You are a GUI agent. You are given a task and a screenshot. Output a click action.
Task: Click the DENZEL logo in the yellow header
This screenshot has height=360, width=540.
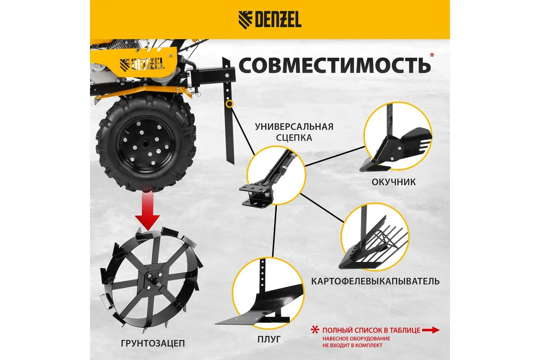(x=270, y=20)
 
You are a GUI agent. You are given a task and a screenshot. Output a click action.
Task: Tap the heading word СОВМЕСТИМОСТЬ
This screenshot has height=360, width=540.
(x=335, y=65)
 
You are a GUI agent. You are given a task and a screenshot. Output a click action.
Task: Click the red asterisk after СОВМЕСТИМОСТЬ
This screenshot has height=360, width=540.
(x=432, y=55)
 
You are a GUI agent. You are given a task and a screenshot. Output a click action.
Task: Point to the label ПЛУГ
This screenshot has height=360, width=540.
(x=269, y=339)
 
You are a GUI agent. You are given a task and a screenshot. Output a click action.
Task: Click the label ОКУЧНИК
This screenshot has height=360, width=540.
(x=393, y=182)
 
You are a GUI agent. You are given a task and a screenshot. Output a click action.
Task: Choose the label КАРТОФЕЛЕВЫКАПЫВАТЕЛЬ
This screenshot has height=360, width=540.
(x=375, y=281)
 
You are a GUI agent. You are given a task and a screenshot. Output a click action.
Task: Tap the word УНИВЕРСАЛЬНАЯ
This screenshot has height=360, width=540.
(x=294, y=126)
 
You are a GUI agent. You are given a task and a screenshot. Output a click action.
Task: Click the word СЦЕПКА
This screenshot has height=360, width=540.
(x=294, y=138)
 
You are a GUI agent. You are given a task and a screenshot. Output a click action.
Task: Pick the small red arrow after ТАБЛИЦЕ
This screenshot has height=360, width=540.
(x=431, y=330)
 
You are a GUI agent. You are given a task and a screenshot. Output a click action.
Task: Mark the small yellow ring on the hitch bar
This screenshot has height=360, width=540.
(x=229, y=104)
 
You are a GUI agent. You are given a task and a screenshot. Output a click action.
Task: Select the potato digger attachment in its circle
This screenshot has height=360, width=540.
(x=373, y=243)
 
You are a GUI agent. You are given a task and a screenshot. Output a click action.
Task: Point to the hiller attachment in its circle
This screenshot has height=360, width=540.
(x=396, y=145)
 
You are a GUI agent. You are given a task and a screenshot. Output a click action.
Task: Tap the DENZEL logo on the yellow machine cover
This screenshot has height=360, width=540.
(x=142, y=64)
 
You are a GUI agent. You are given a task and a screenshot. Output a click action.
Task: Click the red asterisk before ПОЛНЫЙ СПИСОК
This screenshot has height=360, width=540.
(x=315, y=330)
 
